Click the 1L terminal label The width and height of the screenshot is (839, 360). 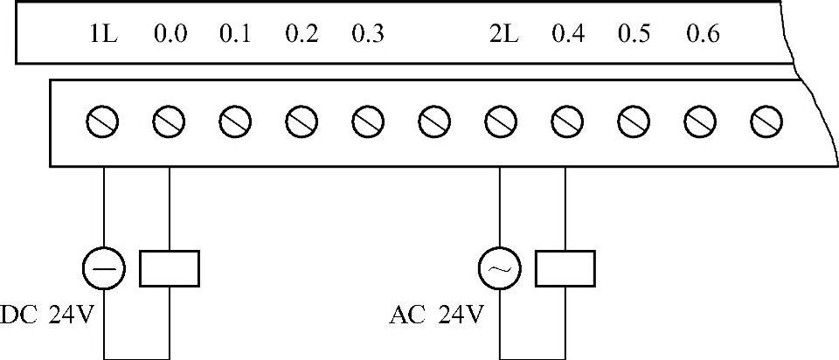pos(103,36)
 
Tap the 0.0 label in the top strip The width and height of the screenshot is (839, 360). pos(170,36)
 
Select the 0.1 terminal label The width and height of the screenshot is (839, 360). pos(235,36)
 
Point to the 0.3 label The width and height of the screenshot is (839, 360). pos(367,36)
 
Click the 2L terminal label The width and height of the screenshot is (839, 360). pos(503,36)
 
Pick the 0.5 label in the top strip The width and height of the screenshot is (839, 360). pos(634,36)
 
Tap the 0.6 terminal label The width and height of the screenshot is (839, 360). pos(703,36)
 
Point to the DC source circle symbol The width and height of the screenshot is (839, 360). pos(104,268)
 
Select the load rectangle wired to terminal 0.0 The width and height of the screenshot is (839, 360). pos(170,268)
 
